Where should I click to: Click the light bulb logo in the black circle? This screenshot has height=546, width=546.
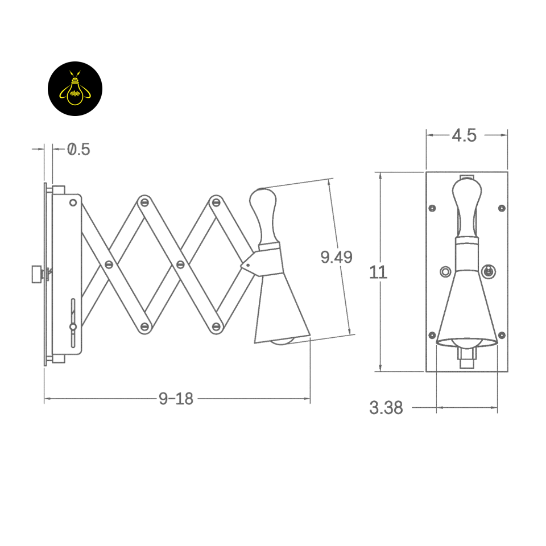click(75, 89)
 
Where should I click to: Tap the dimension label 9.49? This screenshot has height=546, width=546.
click(336, 257)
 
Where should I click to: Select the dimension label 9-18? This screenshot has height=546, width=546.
click(176, 398)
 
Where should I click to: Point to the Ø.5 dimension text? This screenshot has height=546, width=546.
click(78, 149)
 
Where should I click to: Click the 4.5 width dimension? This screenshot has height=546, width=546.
click(464, 135)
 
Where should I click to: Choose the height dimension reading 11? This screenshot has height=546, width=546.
click(378, 272)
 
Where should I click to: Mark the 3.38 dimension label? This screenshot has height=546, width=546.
click(386, 407)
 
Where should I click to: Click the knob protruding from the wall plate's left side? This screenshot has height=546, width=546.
click(37, 274)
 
